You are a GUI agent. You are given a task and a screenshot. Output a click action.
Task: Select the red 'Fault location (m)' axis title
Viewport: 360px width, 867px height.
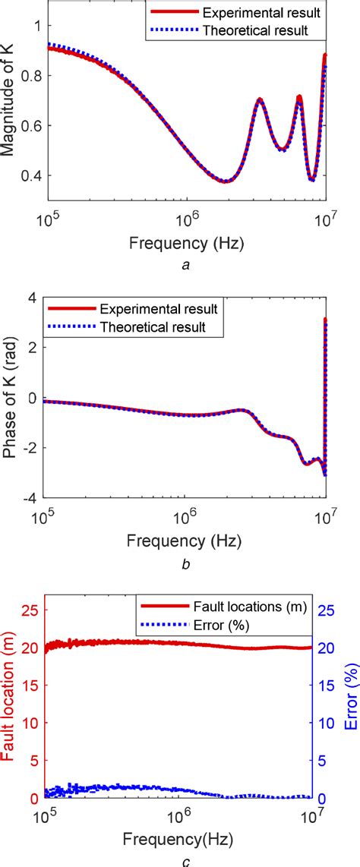(9, 698)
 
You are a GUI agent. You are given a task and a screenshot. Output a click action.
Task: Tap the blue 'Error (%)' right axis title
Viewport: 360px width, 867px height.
(350, 698)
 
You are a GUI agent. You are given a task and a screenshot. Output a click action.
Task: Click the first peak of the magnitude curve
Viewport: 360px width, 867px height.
(260, 99)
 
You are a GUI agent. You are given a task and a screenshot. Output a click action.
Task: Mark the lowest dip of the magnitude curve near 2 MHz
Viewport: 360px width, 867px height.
(225, 181)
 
